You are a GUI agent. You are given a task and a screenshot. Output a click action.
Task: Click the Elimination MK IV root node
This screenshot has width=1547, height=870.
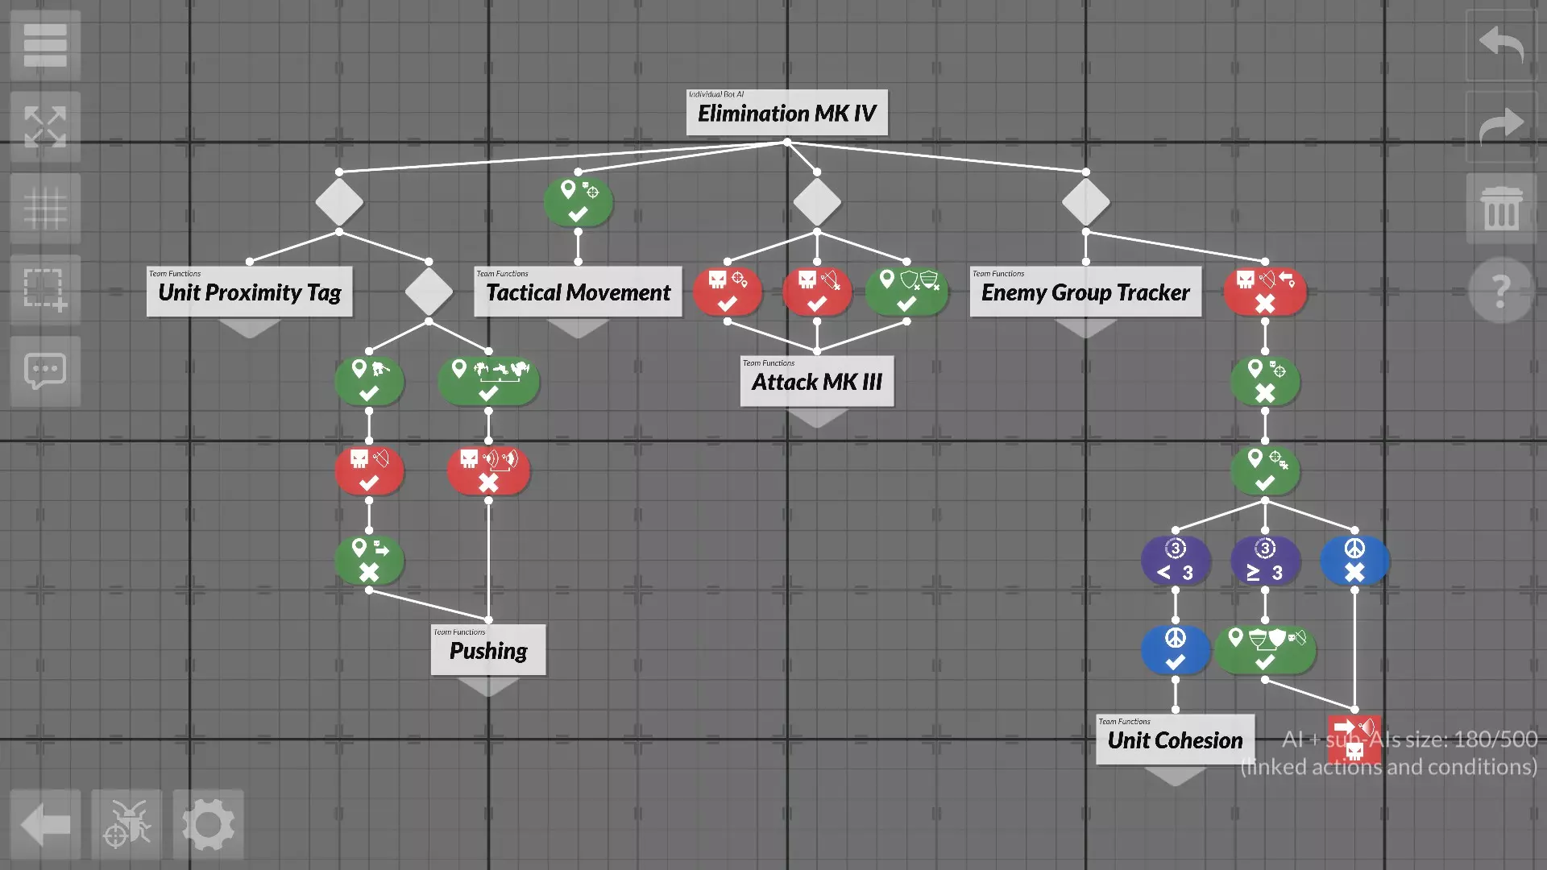786,113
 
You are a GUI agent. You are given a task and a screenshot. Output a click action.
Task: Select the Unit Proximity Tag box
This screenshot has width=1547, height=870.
249,292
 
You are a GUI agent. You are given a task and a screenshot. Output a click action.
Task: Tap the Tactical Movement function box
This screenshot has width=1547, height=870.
578,292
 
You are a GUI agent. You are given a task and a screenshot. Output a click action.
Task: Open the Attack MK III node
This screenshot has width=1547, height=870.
816,381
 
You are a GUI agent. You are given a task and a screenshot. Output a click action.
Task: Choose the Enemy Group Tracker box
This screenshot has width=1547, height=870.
1085,292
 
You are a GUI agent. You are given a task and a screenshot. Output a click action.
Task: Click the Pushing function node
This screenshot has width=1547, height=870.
487,650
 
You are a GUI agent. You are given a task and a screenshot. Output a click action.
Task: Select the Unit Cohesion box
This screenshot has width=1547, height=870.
1175,739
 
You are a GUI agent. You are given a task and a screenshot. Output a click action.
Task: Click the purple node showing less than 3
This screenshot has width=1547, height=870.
1176,561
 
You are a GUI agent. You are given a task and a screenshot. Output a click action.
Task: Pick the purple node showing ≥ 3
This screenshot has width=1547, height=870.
1265,561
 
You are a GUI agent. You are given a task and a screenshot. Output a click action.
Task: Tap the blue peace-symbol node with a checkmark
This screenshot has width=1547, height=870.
1176,650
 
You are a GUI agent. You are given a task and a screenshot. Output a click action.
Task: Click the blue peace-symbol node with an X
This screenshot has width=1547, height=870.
1354,561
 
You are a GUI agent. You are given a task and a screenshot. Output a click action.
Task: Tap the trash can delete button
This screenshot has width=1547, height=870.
1501,208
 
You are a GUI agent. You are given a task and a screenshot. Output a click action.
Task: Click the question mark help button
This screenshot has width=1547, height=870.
1500,290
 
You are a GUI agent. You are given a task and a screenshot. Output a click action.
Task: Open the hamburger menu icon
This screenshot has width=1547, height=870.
45,45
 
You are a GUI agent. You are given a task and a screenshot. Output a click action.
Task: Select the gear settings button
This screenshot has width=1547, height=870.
208,824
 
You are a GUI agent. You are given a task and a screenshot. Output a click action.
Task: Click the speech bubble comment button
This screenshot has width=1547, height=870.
45,371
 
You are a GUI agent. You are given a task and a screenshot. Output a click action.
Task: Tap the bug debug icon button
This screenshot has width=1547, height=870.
126,824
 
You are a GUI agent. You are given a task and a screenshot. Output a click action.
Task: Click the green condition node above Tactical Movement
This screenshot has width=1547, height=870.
578,201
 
